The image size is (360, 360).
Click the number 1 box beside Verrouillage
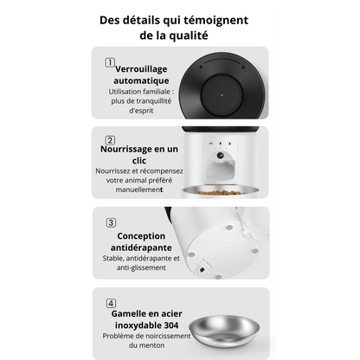(x=110, y=62)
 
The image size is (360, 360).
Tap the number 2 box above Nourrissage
(x=110, y=140)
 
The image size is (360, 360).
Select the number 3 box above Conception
(x=110, y=222)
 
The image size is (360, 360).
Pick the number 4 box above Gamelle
(x=110, y=304)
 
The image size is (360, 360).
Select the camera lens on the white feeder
(x=224, y=157)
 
